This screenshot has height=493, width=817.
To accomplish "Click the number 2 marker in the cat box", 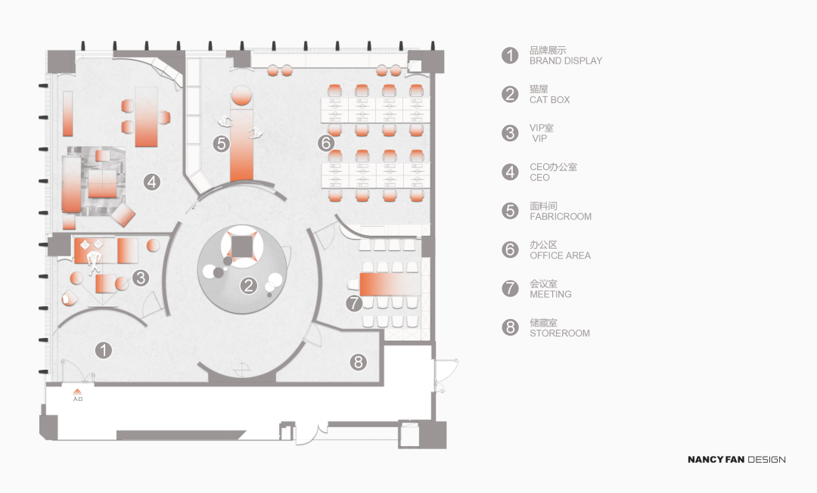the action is [249, 285].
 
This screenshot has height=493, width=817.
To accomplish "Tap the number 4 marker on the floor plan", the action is [151, 181].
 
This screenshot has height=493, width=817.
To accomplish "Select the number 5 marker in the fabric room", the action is [222, 143].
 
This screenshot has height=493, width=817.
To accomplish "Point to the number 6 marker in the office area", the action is [326, 143].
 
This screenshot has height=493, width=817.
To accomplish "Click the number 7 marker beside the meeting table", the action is [354, 302].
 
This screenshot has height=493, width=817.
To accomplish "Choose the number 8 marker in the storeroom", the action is [358, 362].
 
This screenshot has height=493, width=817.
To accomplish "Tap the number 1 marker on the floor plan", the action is [104, 350].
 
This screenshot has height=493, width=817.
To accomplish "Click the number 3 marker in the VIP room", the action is [141, 278].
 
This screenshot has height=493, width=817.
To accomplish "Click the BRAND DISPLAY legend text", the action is [566, 61].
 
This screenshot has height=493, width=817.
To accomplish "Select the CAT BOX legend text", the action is [550, 100].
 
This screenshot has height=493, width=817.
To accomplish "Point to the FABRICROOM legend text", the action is [561, 216].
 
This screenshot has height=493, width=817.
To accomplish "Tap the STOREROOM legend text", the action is [560, 333].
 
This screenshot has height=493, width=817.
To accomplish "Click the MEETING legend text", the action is [551, 294].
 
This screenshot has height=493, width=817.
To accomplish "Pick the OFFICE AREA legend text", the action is [560, 256].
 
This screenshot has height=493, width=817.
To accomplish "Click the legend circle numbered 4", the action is [510, 172].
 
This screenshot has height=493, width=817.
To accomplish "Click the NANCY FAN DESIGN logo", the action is [737, 460].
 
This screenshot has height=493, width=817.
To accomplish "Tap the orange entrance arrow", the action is [78, 392].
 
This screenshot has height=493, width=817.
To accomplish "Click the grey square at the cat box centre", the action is [241, 246].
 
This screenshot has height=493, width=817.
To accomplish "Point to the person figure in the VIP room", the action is [94, 262].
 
